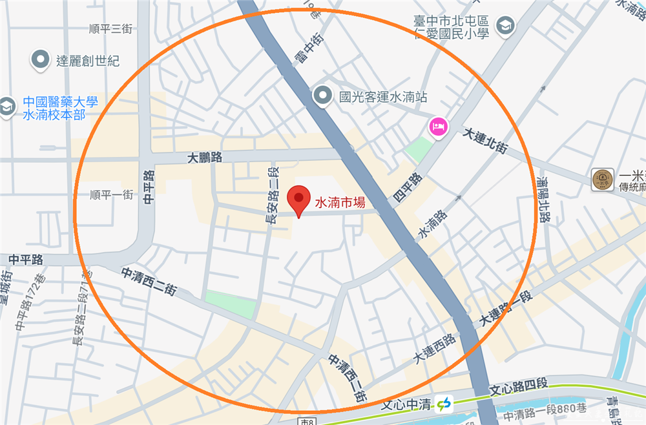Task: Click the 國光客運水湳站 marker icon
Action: [x=322, y=97]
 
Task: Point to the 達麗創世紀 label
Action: [x=88, y=61]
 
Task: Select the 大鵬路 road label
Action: [x=205, y=157]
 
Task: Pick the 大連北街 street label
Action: [x=486, y=140]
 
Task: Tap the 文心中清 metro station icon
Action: [x=444, y=404]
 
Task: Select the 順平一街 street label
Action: [x=111, y=194]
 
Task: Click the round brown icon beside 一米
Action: [x=602, y=180]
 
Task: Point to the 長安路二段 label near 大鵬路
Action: [x=272, y=194]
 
